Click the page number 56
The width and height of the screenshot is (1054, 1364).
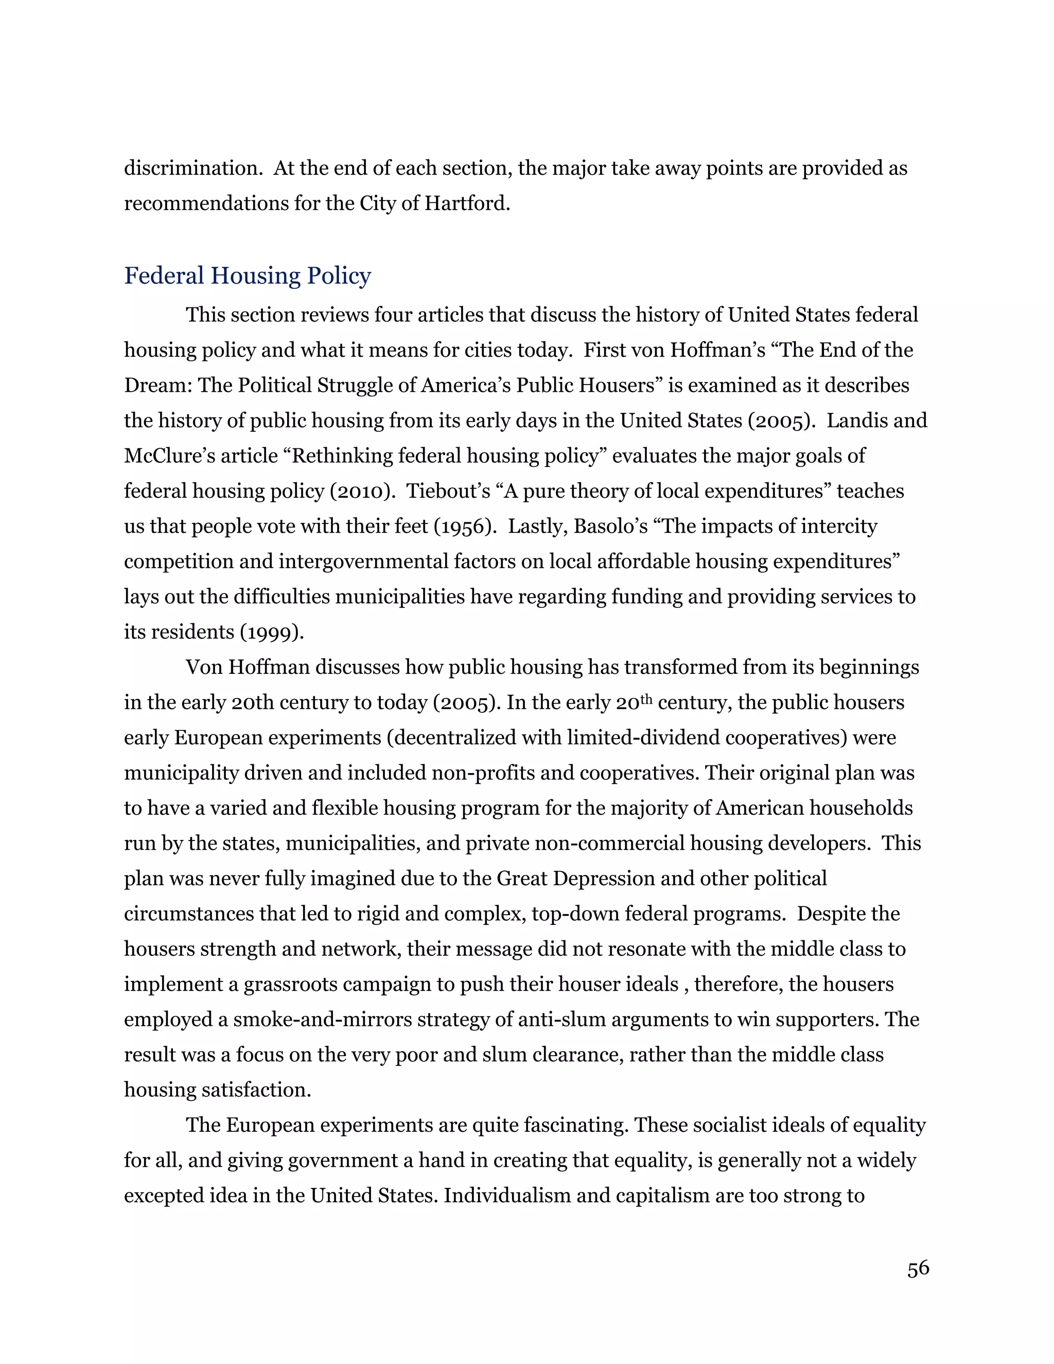coord(918,1268)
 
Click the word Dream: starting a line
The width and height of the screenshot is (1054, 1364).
coord(158,386)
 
